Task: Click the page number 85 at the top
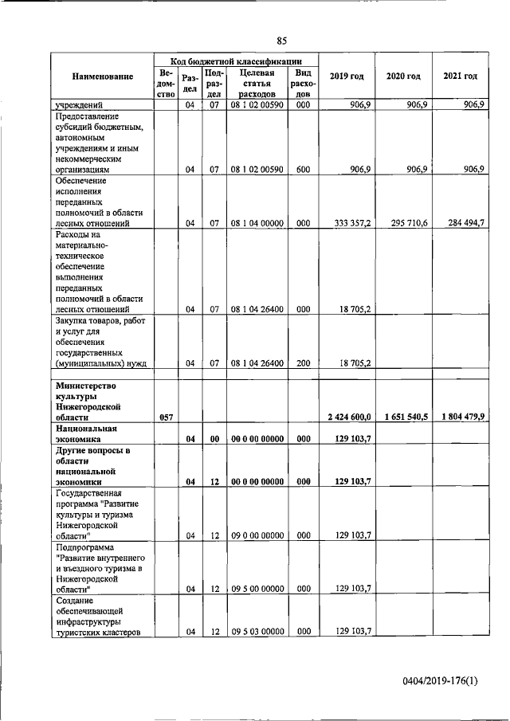pos(281,41)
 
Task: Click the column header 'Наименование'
pos(102,76)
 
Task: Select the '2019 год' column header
pos(347,76)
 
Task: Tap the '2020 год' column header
pos(403,76)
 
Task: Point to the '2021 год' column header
pos(460,76)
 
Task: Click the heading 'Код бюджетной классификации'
pos(236,61)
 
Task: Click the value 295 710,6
pos(404,224)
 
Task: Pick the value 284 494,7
pos(461,224)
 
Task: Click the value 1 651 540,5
pos(404,417)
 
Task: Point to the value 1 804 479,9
pos(461,417)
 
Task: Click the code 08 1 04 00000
pos(257,224)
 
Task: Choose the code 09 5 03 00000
pos(257,632)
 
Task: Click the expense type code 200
pos(303,363)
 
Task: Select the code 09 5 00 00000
pos(257,590)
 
